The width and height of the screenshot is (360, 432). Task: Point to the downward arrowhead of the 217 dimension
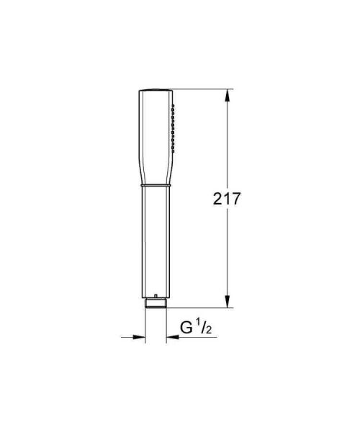pyautogui.click(x=230, y=302)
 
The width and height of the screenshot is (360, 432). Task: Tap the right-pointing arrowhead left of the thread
pyautogui.click(x=140, y=335)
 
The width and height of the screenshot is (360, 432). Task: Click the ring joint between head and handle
pyautogui.click(x=156, y=186)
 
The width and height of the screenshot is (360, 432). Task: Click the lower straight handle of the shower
pyautogui.click(x=156, y=241)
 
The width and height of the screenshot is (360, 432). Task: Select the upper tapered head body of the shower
pyautogui.click(x=156, y=137)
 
